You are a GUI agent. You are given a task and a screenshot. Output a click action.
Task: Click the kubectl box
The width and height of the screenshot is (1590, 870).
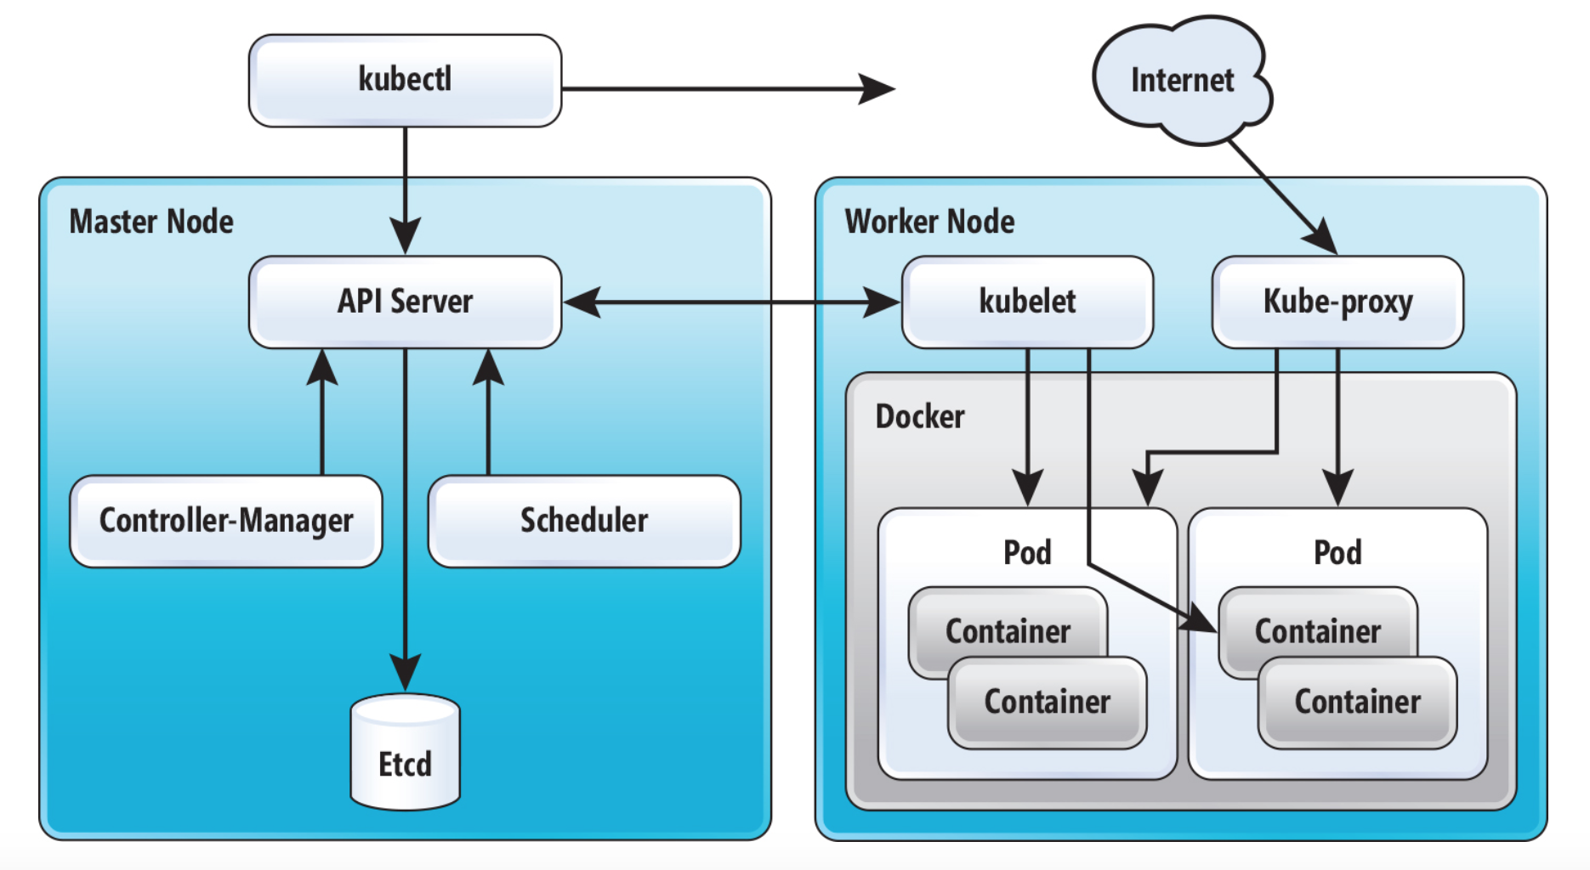(405, 81)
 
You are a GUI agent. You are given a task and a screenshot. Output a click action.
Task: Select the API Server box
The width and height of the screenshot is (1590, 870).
(405, 302)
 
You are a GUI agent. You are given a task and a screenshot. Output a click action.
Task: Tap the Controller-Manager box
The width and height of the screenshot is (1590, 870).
(226, 521)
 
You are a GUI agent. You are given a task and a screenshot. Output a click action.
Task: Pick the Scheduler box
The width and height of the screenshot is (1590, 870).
(584, 521)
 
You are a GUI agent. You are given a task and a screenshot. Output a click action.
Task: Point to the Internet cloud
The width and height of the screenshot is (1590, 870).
(1182, 81)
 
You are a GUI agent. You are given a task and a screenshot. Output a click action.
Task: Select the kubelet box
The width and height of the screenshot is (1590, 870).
(1027, 302)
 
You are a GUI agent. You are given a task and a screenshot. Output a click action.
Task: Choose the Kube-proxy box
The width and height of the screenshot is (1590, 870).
(1337, 302)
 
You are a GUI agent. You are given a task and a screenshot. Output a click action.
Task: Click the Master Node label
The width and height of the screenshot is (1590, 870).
(151, 222)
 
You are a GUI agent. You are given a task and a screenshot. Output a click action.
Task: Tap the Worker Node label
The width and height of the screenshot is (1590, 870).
(929, 222)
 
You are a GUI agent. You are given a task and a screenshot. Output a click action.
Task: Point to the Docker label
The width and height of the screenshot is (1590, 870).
(920, 417)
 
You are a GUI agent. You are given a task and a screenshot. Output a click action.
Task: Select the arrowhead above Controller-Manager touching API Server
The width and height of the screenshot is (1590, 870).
(322, 367)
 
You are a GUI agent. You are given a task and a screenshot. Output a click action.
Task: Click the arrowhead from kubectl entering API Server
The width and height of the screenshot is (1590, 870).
(406, 236)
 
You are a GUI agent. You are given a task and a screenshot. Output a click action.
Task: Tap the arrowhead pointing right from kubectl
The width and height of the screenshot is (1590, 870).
(876, 88)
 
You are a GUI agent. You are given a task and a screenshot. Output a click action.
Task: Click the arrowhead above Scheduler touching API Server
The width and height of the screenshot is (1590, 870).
(488, 367)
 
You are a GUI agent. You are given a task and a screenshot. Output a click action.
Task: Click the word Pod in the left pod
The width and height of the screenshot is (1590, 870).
(1027, 553)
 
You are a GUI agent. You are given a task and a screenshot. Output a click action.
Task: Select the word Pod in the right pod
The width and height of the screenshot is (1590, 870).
(1337, 553)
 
